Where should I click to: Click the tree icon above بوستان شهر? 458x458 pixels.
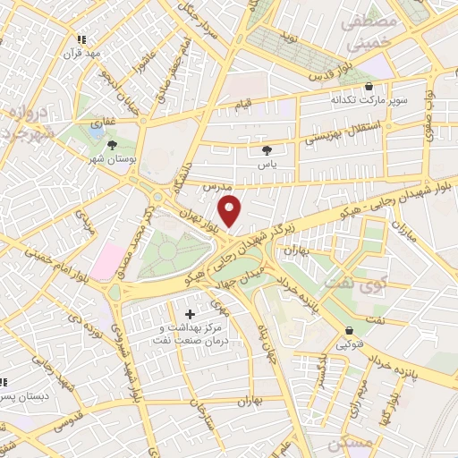pos(112,143)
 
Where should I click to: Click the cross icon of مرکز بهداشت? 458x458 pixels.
pos(190,314)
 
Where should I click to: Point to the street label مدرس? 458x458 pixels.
pos(211,187)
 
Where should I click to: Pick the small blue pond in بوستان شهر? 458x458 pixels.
pos(97,133)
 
